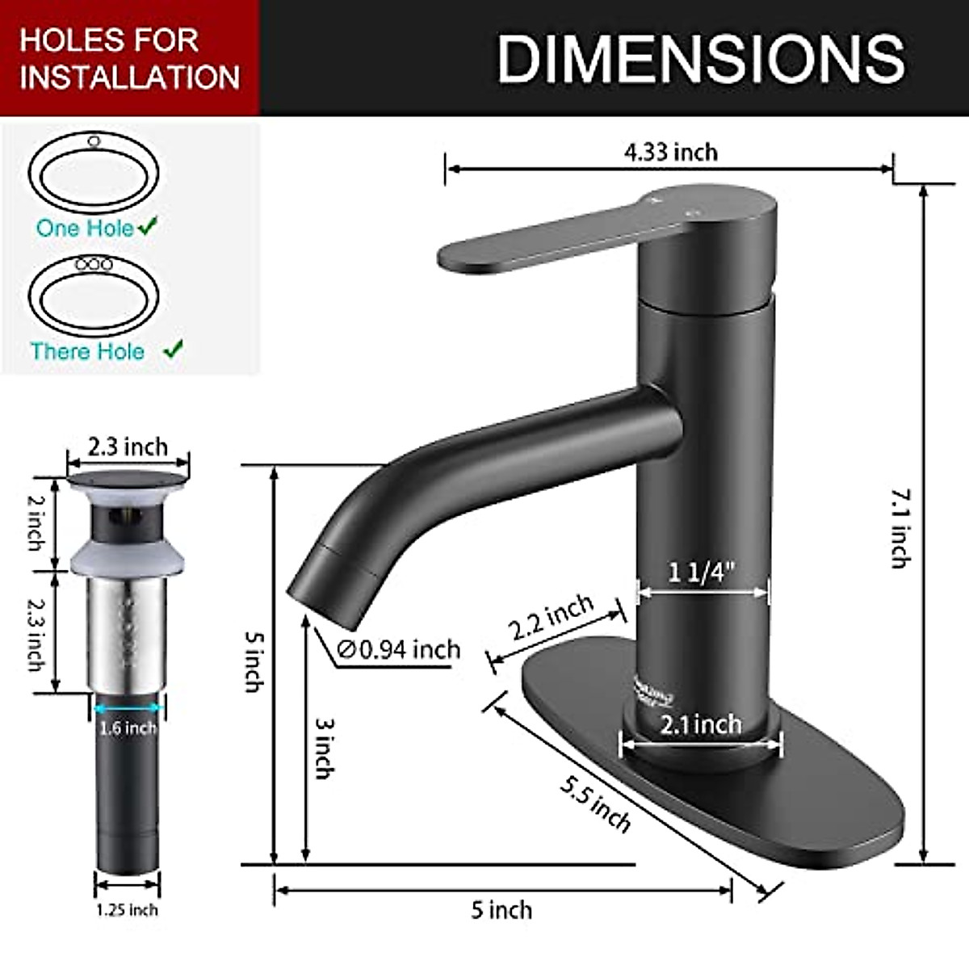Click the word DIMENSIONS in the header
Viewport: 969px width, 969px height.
tap(700, 58)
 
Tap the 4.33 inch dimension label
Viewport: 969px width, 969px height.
tap(670, 152)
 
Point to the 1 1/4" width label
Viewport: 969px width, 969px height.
tap(702, 573)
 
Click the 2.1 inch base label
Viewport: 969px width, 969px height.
tap(701, 724)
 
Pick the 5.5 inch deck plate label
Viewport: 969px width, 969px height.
tap(595, 804)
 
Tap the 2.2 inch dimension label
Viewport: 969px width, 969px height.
tap(552, 618)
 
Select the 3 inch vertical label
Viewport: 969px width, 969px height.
tap(323, 748)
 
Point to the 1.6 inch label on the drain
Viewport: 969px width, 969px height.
tap(128, 728)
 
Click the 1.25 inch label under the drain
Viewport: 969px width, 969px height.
tap(128, 910)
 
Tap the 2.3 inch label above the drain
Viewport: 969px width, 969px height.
tap(128, 447)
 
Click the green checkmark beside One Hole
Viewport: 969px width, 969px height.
tap(148, 227)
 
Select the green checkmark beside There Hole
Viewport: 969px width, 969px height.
tap(173, 350)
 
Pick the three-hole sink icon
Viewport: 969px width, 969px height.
tap(94, 296)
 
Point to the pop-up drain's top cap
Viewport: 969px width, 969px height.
tap(127, 481)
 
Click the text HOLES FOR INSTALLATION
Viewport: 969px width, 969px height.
tap(129, 58)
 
